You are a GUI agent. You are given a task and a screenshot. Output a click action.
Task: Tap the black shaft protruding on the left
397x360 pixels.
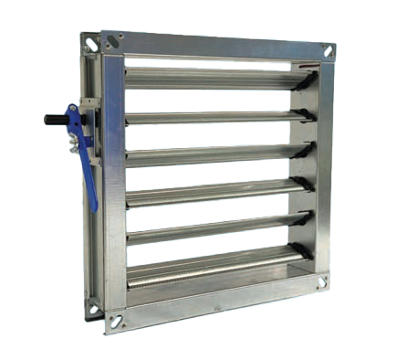pyautogui.click(x=53, y=120)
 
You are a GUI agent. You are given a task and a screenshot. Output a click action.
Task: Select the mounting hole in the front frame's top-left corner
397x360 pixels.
pyautogui.click(x=112, y=40)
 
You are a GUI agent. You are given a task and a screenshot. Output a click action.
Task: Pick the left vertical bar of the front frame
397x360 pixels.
pyautogui.click(x=113, y=183)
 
